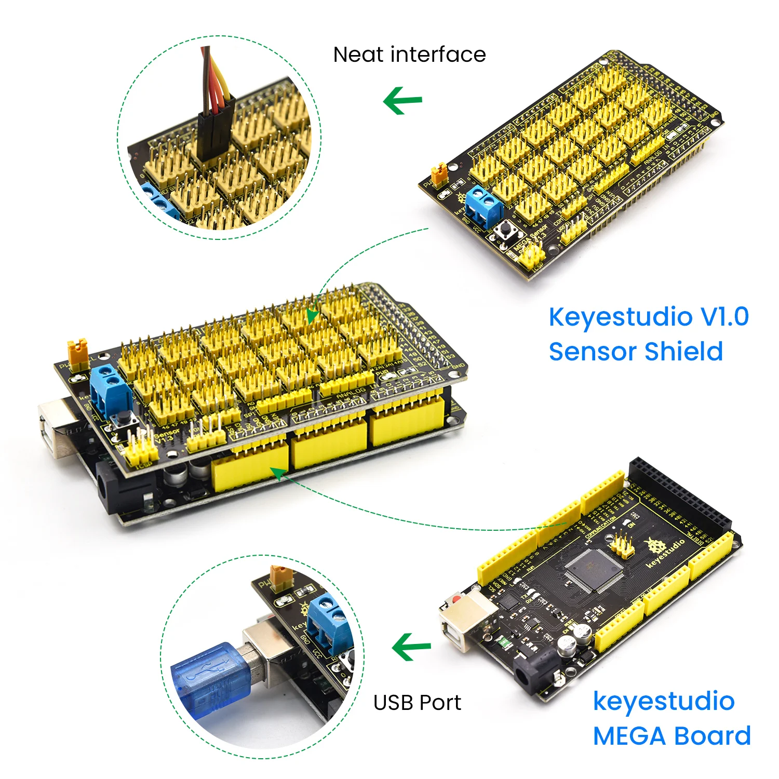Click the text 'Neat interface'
point(409,55)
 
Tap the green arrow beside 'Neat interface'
point(402,100)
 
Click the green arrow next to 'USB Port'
point(411,647)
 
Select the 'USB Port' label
point(417,703)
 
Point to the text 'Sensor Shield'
point(636,352)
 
